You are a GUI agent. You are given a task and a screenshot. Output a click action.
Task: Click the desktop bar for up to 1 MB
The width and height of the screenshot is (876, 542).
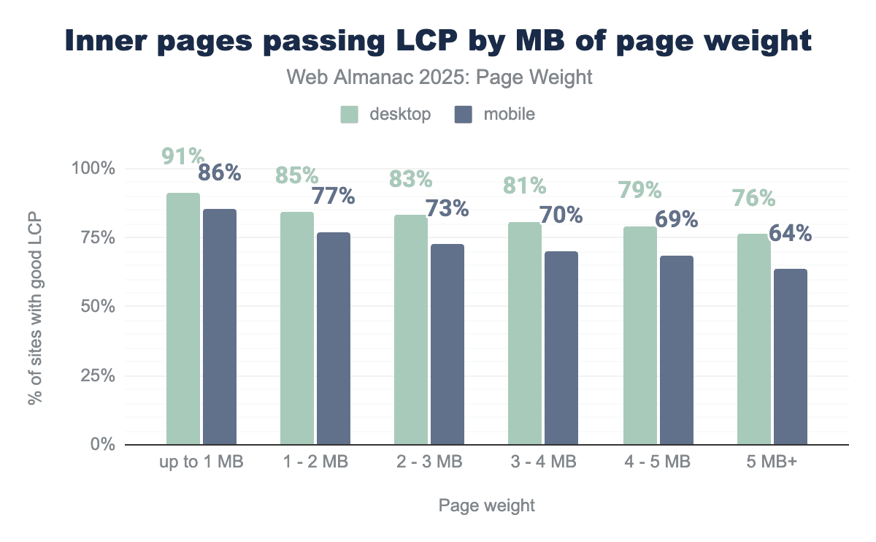182,318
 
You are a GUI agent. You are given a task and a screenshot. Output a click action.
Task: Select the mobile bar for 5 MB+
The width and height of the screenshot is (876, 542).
790,356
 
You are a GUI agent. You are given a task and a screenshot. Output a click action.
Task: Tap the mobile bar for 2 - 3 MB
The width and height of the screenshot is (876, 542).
447,344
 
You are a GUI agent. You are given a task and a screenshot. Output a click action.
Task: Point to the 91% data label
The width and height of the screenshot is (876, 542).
183,156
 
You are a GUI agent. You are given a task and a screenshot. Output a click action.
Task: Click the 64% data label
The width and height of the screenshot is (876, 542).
791,234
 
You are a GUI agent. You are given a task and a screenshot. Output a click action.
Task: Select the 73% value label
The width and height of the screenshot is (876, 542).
447,208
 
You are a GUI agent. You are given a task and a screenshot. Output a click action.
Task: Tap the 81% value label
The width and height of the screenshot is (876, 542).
524,186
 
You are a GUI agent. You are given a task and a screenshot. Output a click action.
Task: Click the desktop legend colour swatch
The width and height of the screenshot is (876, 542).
350,114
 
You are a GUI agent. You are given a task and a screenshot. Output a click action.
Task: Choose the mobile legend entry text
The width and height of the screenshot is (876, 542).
509,114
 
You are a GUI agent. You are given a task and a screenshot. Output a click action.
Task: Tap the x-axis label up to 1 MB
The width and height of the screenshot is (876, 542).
201,462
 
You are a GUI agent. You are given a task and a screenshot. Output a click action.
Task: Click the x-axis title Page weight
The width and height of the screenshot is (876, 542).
487,505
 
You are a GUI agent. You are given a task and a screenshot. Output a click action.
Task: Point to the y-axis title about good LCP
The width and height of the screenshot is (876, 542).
36,307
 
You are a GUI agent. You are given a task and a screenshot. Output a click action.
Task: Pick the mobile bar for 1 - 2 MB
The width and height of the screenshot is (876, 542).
334,338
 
